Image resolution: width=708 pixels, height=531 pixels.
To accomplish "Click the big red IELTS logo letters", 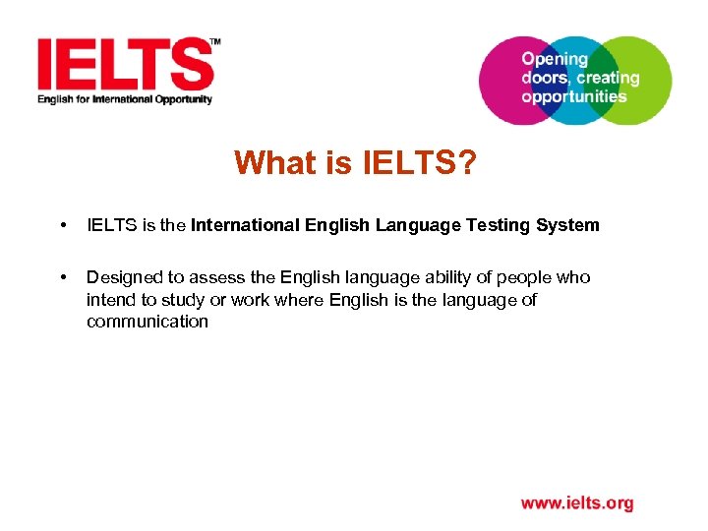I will [125, 65].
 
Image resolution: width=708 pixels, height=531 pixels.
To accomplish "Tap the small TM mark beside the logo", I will [215, 42].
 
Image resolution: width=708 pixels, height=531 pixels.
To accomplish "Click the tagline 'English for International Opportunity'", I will [125, 99].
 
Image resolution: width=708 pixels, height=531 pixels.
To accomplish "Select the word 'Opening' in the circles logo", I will [554, 59].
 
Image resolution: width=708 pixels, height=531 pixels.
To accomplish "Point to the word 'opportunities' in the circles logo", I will [574, 96].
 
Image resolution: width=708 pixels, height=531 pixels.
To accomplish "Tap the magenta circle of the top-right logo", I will [501, 81].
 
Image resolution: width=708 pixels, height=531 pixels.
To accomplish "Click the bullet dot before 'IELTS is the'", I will [64, 226].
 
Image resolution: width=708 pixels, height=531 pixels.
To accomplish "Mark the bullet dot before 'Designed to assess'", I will [64, 278].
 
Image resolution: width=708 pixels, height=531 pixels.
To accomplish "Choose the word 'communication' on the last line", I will [147, 322].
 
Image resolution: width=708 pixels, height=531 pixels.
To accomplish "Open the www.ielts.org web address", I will [577, 503].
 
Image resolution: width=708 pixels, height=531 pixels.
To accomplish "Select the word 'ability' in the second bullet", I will [419, 277].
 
